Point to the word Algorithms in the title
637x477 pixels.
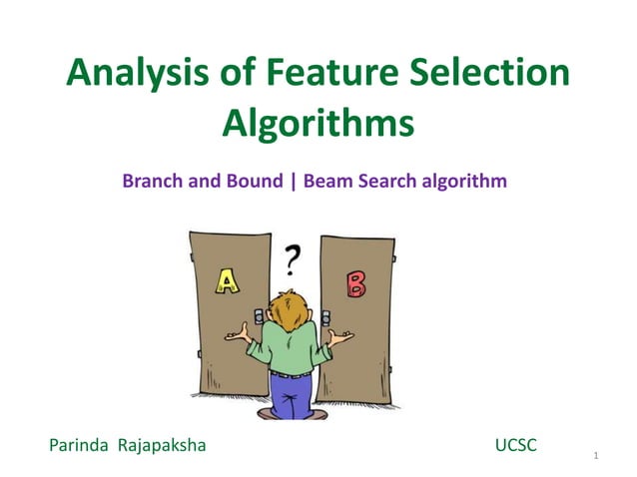point(318,126)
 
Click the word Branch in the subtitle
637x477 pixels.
point(151,183)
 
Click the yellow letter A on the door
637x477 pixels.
point(229,283)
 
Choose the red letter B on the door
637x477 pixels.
point(354,285)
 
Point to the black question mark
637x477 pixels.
point(292,261)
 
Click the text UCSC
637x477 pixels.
point(515,444)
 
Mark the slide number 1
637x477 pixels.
point(595,457)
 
